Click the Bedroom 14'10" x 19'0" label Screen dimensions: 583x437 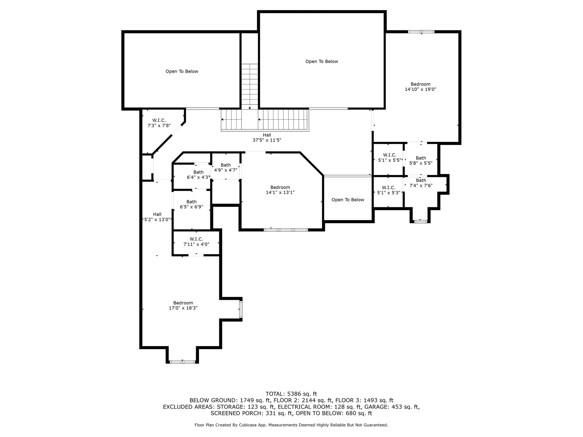point(421,87)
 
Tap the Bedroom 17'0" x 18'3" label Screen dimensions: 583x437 point(183,305)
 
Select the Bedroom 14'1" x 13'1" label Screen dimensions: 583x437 point(280,190)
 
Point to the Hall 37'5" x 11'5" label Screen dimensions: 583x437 point(267,137)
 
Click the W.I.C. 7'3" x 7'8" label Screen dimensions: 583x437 point(159,123)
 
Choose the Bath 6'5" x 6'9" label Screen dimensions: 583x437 point(191,204)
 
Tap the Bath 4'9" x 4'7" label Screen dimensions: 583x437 point(226,168)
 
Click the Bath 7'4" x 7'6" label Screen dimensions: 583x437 point(421,183)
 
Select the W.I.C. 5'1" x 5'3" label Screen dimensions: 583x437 point(389,190)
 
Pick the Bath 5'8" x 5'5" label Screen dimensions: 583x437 point(421,160)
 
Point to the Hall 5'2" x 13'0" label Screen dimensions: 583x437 point(157,217)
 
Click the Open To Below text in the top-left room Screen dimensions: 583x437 point(182,71)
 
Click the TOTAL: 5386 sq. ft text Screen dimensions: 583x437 point(291,394)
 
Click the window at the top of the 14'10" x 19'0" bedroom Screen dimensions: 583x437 point(421,32)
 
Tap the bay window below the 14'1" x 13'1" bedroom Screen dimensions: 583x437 point(286,230)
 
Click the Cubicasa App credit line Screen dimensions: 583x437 point(291,425)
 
